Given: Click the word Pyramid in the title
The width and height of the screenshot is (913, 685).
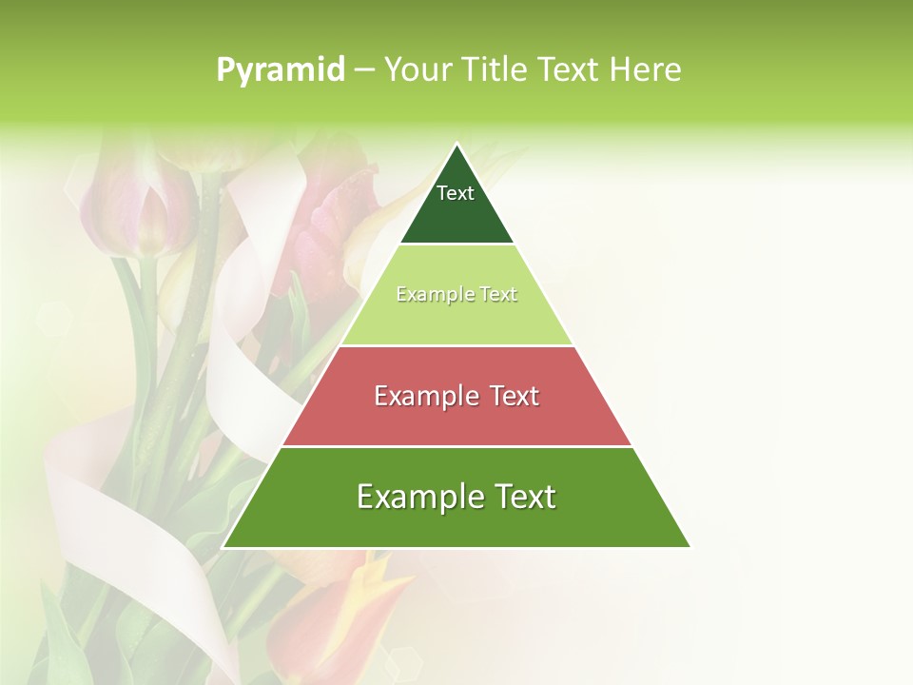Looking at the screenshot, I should pyautogui.click(x=280, y=69).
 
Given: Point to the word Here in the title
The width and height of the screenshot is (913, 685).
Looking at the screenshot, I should pyautogui.click(x=646, y=69).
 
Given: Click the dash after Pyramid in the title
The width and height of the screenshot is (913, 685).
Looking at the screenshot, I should pyautogui.click(x=364, y=70).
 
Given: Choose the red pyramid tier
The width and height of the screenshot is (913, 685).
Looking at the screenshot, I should pyautogui.click(x=456, y=419).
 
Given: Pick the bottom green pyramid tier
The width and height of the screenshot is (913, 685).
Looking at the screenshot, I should pyautogui.click(x=456, y=523).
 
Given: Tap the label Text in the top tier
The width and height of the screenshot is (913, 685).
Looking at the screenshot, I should pyautogui.click(x=456, y=193).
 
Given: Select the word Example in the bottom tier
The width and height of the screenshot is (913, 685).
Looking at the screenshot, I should pyautogui.click(x=415, y=497).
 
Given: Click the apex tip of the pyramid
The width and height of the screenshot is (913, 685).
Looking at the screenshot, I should pyautogui.click(x=456, y=146).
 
